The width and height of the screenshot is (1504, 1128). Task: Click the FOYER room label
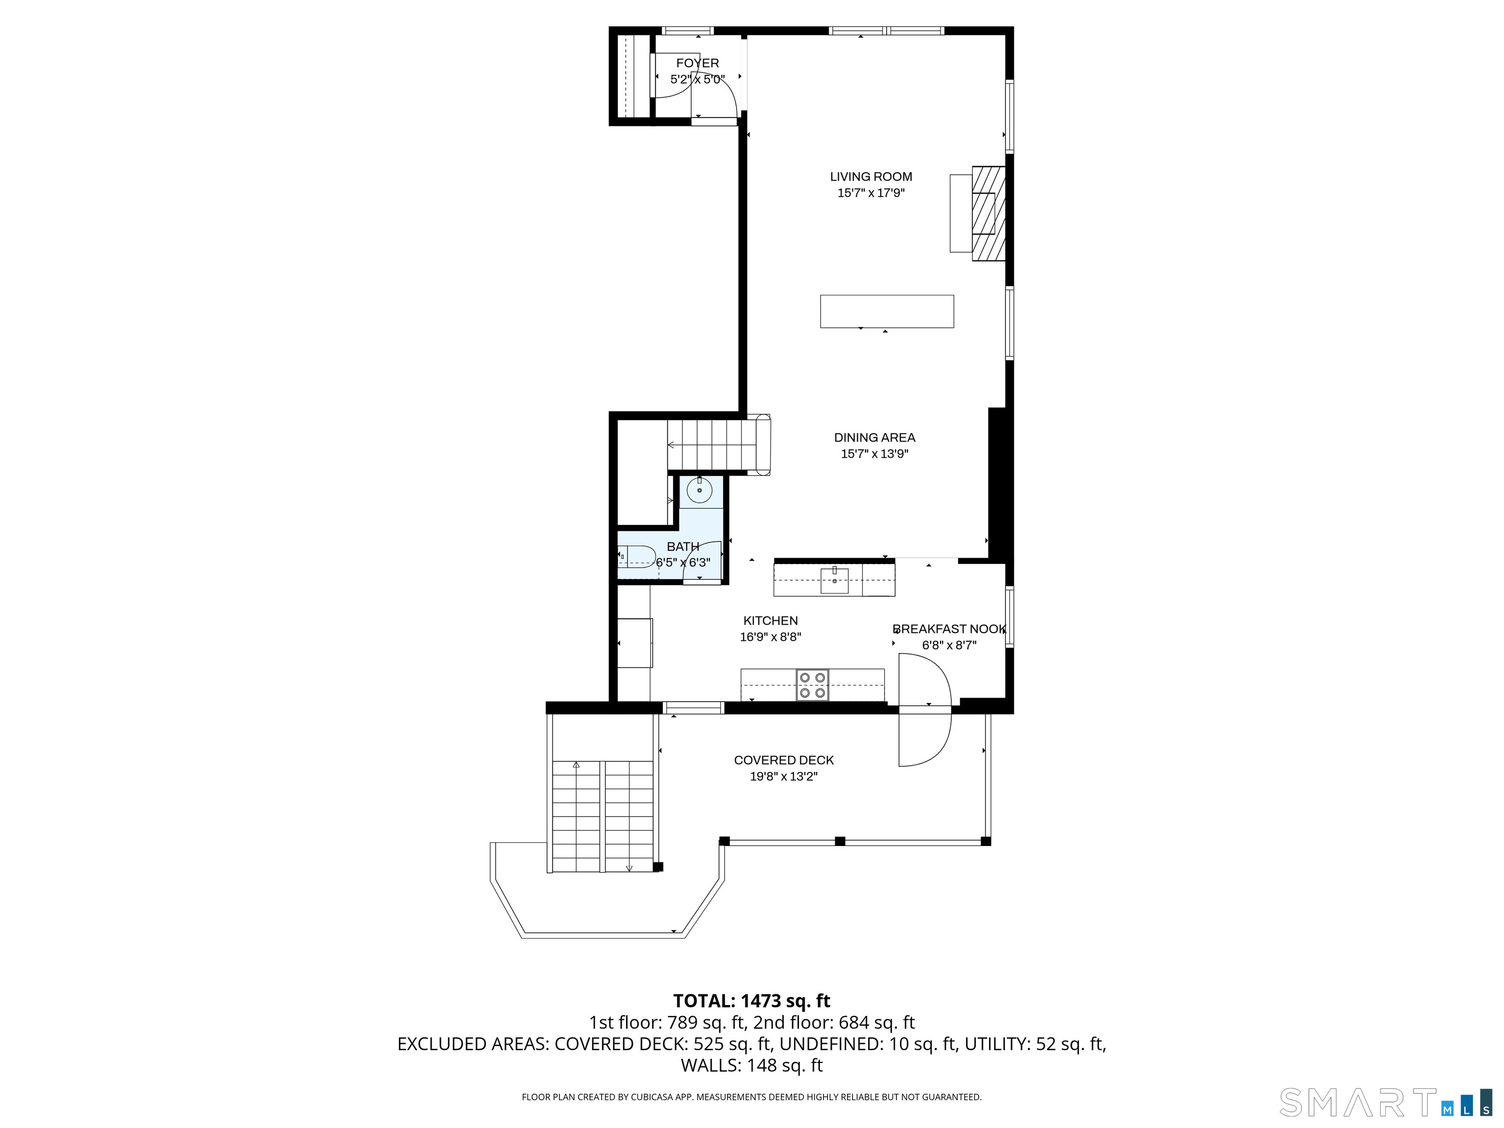pos(697,63)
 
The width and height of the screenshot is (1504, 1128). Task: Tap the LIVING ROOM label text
pos(870,177)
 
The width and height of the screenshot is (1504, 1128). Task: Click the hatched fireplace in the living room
pos(988,213)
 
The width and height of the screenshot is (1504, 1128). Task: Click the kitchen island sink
pos(834,580)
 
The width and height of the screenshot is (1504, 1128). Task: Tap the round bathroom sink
pos(699,490)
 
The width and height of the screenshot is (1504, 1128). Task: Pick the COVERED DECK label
pos(783,760)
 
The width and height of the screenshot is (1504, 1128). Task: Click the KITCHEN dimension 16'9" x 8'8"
pos(770,637)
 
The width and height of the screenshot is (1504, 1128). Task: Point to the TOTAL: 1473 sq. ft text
pos(752,1001)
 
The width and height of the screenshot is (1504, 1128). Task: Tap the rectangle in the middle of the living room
pos(887,311)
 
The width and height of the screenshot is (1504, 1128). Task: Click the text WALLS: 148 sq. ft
pos(752,1065)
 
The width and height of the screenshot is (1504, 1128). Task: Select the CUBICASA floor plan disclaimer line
pos(752,1097)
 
